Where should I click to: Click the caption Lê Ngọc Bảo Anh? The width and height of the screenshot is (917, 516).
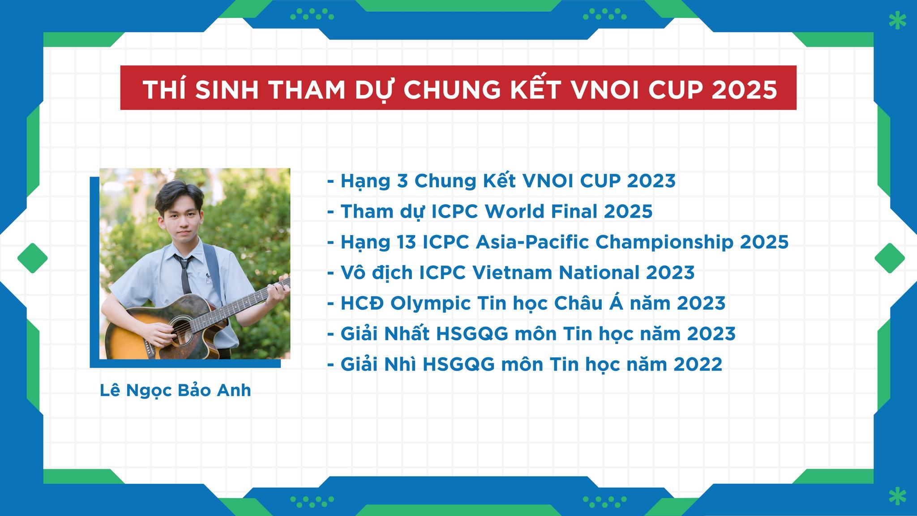175,391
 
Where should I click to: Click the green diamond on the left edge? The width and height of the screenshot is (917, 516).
32,258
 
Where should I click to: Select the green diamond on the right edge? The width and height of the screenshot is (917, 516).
890,258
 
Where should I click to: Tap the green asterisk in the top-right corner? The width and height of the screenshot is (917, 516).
897,21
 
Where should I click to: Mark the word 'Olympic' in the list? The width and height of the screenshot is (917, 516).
430,304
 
